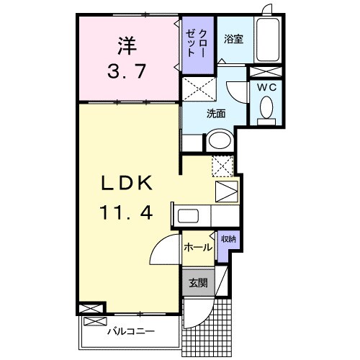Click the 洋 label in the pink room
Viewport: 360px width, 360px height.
pos(127,47)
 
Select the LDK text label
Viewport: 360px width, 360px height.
pos(127,184)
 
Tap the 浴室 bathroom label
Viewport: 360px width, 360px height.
pos(233,40)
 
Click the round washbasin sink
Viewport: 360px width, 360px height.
pos(219,141)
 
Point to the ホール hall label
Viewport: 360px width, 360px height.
pos(197,248)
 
